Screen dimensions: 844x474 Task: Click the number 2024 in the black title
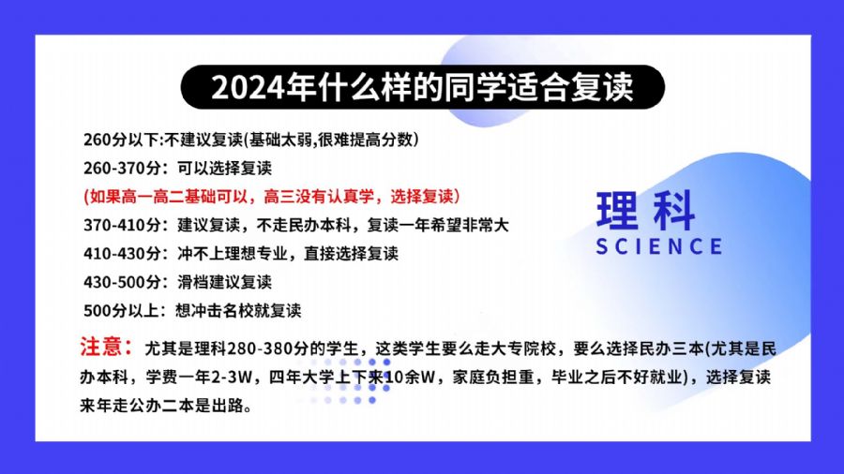248,87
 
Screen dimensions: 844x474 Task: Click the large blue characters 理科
646,210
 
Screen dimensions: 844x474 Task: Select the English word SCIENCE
659,246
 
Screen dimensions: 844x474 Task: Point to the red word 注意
105,347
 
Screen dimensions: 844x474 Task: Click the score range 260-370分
122,169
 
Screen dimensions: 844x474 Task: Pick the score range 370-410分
122,225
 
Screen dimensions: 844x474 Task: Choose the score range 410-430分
122,253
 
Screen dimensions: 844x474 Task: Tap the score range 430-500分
122,282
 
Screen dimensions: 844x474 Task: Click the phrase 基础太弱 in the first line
280,140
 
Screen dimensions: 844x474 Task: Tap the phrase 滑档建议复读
224,282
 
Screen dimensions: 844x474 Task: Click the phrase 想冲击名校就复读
238,311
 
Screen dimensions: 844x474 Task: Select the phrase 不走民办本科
304,225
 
